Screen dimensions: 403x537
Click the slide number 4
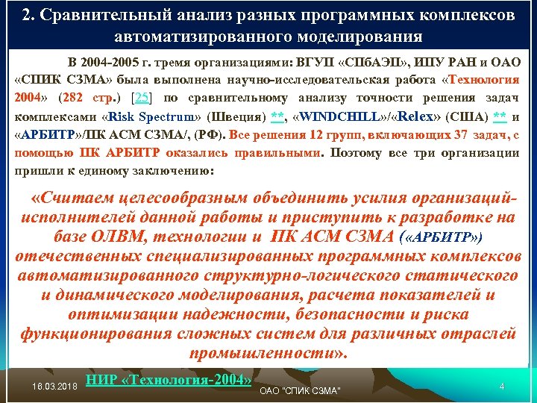point(503,387)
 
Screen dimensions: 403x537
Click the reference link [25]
point(141,99)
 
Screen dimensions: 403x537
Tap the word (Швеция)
point(233,117)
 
